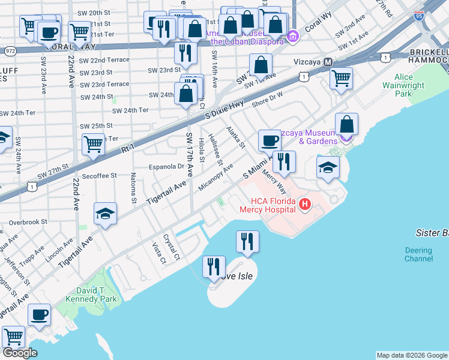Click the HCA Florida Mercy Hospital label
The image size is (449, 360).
[x=267, y=205]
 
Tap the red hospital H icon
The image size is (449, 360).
[x=305, y=205]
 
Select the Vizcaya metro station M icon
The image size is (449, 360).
[x=328, y=62]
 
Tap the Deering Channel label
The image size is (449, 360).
[x=418, y=254]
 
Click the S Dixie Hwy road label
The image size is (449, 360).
[x=224, y=109]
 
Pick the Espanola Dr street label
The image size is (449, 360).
[x=166, y=167]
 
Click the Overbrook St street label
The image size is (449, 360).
[x=28, y=222]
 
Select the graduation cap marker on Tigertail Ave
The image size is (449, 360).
[x=105, y=214]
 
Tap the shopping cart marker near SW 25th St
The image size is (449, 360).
[x=94, y=144]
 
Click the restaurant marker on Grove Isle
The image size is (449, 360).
[x=214, y=266]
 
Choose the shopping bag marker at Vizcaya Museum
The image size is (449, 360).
[x=346, y=124]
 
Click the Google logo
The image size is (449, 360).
[x=20, y=353]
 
